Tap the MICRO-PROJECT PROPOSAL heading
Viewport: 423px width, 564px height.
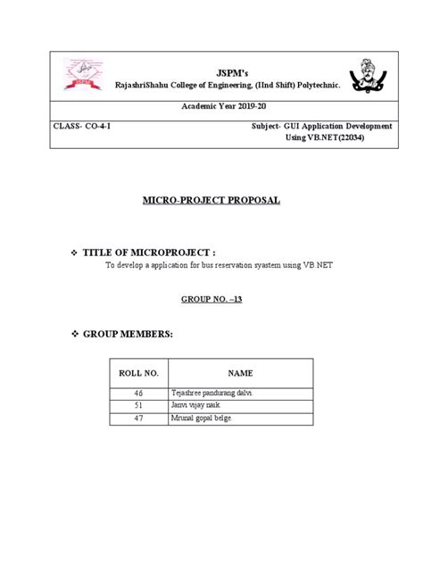point(212,201)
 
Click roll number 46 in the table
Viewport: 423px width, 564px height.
point(138,393)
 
